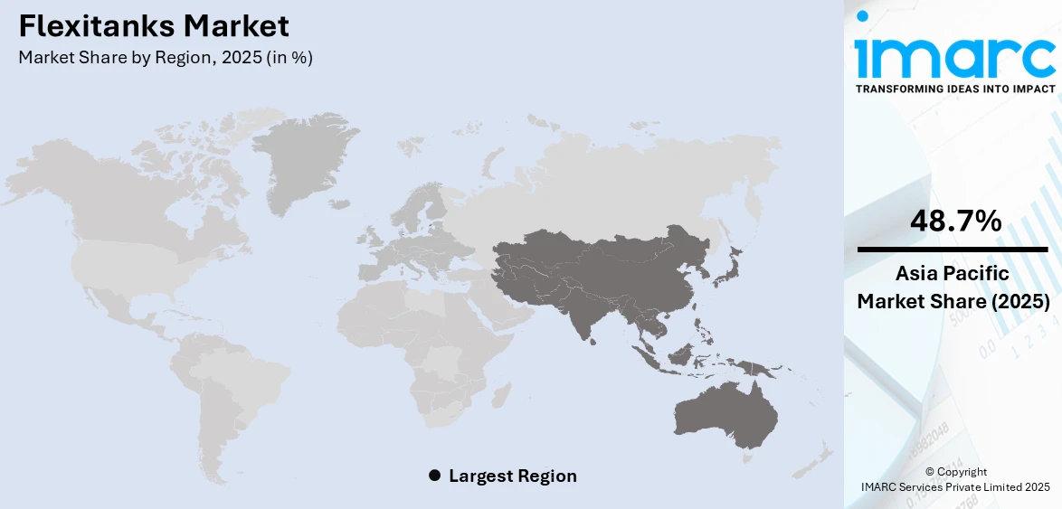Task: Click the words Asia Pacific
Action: click(x=953, y=274)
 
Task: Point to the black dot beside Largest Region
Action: click(x=434, y=476)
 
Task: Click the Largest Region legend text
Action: click(x=512, y=476)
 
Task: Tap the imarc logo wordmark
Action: click(x=954, y=58)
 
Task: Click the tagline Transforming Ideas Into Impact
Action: click(x=954, y=89)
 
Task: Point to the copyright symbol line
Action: click(x=955, y=472)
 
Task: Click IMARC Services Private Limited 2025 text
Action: click(x=955, y=487)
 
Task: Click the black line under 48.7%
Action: click(x=953, y=248)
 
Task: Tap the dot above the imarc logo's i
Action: click(x=862, y=16)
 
